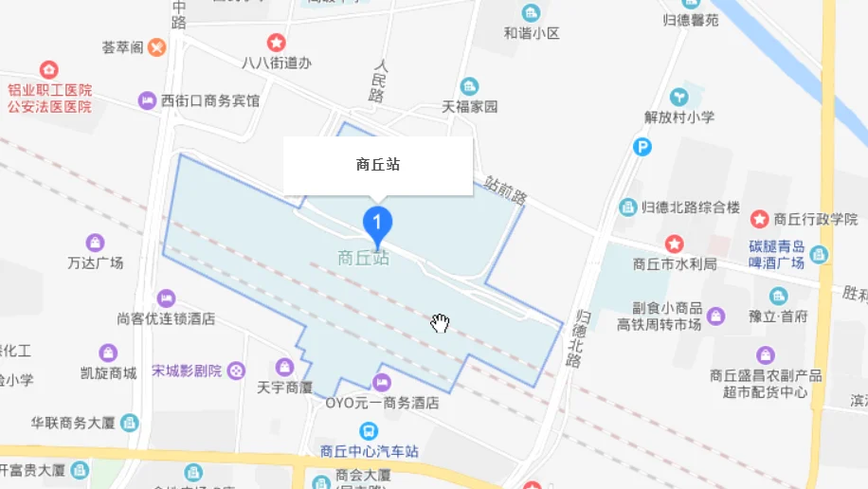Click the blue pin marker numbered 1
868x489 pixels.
click(378, 223)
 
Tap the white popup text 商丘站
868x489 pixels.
click(378, 164)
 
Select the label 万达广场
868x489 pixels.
click(95, 263)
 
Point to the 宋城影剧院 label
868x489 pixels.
click(187, 371)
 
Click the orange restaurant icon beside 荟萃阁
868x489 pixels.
click(156, 46)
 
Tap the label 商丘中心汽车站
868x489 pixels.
click(370, 451)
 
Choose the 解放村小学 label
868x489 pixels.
click(679, 118)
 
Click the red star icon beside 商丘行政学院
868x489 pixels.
click(760, 219)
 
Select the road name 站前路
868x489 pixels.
click(504, 190)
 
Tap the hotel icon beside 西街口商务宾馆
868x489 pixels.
click(147, 100)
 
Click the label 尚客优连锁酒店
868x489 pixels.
click(166, 318)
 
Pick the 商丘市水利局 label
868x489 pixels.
click(674, 264)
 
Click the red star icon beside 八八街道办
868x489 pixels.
click(276, 43)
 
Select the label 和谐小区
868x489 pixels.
click(531, 33)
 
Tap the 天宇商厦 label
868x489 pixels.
click(284, 387)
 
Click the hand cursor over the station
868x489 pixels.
click(440, 324)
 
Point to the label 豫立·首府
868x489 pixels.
click(778, 316)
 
